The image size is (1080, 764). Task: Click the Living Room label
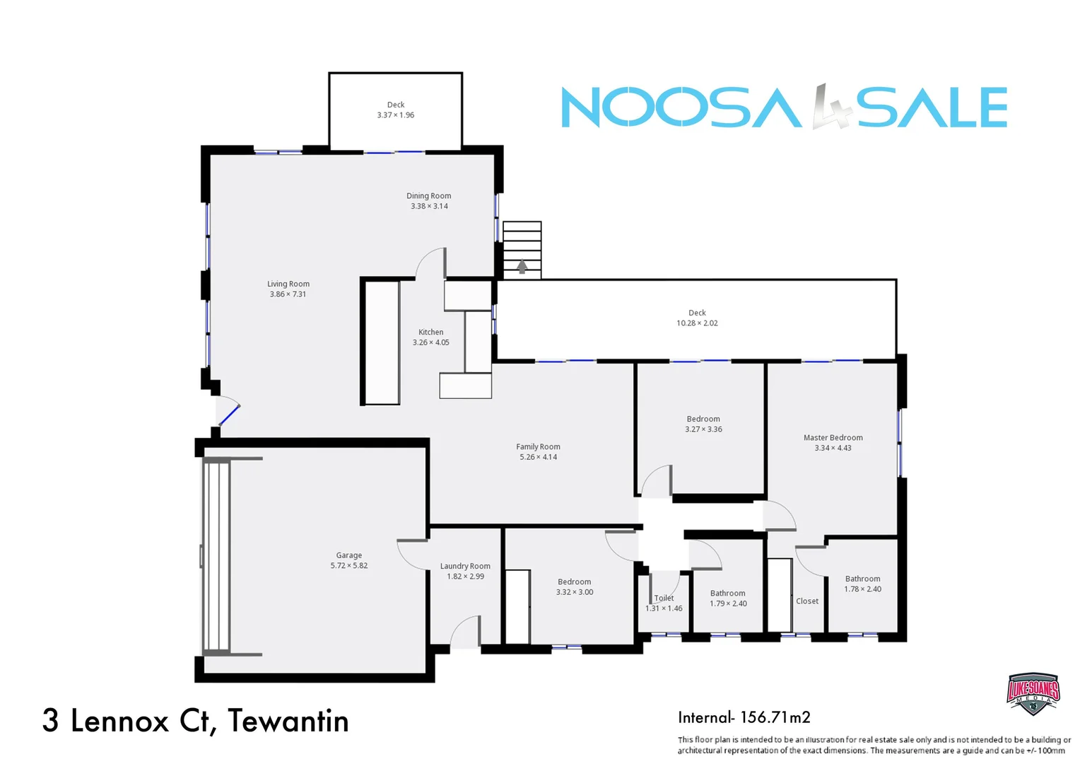tap(288, 284)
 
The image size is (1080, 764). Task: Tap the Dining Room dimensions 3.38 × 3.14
tap(429, 207)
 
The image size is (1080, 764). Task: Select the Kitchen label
tap(430, 332)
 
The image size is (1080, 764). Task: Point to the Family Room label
tap(538, 446)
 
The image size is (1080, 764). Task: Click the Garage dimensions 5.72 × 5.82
tap(349, 566)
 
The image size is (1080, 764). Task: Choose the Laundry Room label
tap(465, 566)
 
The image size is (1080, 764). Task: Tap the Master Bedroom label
tap(833, 437)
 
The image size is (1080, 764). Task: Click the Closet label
tap(807, 601)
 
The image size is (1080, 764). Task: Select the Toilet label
tap(664, 598)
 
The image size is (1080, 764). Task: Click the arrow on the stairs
tap(522, 267)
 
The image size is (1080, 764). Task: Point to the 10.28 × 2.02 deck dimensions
tap(697, 323)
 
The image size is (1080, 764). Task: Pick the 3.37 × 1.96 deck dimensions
tap(396, 115)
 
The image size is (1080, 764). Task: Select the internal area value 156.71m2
tap(775, 717)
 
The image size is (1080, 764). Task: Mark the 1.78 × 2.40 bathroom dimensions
tap(862, 589)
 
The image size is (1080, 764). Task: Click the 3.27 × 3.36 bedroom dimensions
tap(703, 429)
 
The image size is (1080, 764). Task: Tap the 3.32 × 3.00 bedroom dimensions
tap(574, 592)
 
